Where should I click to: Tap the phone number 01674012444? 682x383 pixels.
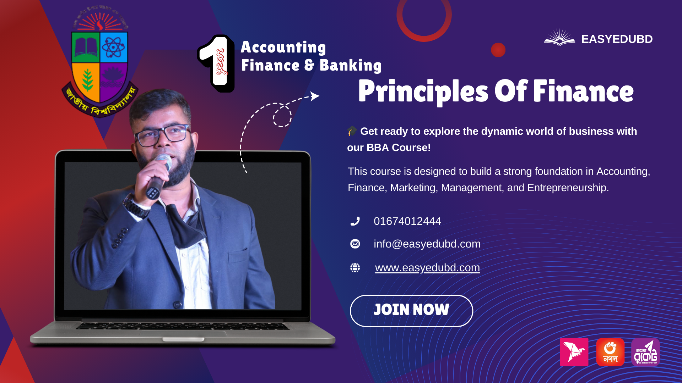(407, 221)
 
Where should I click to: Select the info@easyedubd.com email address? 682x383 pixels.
(427, 244)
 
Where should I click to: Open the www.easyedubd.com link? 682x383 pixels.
(427, 268)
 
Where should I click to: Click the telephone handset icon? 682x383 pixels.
(355, 221)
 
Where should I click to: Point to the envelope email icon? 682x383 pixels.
(355, 244)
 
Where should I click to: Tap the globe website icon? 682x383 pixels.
(355, 268)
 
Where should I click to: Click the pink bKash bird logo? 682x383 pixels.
(574, 352)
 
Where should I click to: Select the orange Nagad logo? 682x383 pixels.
(610, 352)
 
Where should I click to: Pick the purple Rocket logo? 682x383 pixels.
(645, 352)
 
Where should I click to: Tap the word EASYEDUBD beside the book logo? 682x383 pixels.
(617, 39)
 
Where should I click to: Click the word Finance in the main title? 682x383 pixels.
(583, 91)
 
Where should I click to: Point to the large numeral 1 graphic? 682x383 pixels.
(216, 63)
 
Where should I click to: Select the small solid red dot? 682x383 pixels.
(498, 50)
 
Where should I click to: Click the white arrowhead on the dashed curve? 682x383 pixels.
(314, 96)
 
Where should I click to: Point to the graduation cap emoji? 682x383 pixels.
(352, 131)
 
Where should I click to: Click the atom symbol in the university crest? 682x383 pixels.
(114, 47)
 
